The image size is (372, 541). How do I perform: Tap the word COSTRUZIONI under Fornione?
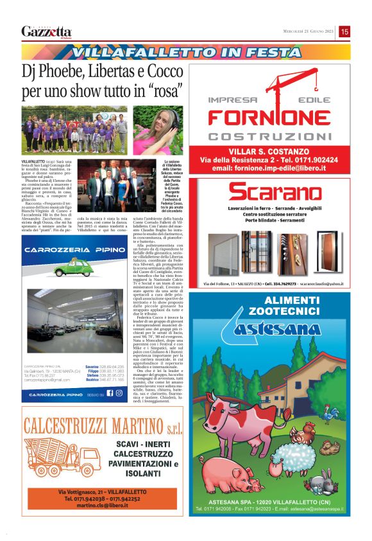click(x=275, y=136)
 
